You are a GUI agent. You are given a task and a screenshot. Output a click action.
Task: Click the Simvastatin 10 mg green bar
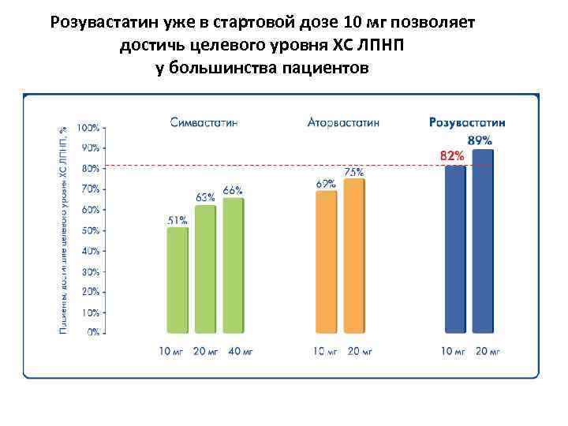click(177, 280)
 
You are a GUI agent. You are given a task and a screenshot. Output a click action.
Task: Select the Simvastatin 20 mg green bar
click(205, 269)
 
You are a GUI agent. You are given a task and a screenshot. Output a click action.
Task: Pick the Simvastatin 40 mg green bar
click(234, 265)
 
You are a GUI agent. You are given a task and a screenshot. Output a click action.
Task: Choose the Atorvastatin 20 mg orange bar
click(354, 256)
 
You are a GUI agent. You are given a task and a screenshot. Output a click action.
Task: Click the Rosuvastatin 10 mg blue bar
click(455, 248)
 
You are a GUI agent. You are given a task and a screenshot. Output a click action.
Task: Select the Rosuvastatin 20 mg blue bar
click(482, 241)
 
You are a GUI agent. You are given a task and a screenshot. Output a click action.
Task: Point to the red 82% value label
click(451, 155)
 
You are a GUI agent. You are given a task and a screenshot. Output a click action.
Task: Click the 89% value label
click(480, 140)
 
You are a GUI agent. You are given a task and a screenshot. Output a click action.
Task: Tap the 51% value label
click(177, 220)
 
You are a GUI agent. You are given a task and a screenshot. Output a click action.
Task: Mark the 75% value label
click(353, 171)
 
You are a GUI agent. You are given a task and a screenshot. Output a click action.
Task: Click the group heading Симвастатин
click(204, 122)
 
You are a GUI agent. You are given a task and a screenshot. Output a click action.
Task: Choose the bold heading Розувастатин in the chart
click(468, 122)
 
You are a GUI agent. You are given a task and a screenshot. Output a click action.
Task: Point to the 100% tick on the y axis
click(88, 128)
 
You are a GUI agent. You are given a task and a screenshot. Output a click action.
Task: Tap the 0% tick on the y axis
click(92, 333)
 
